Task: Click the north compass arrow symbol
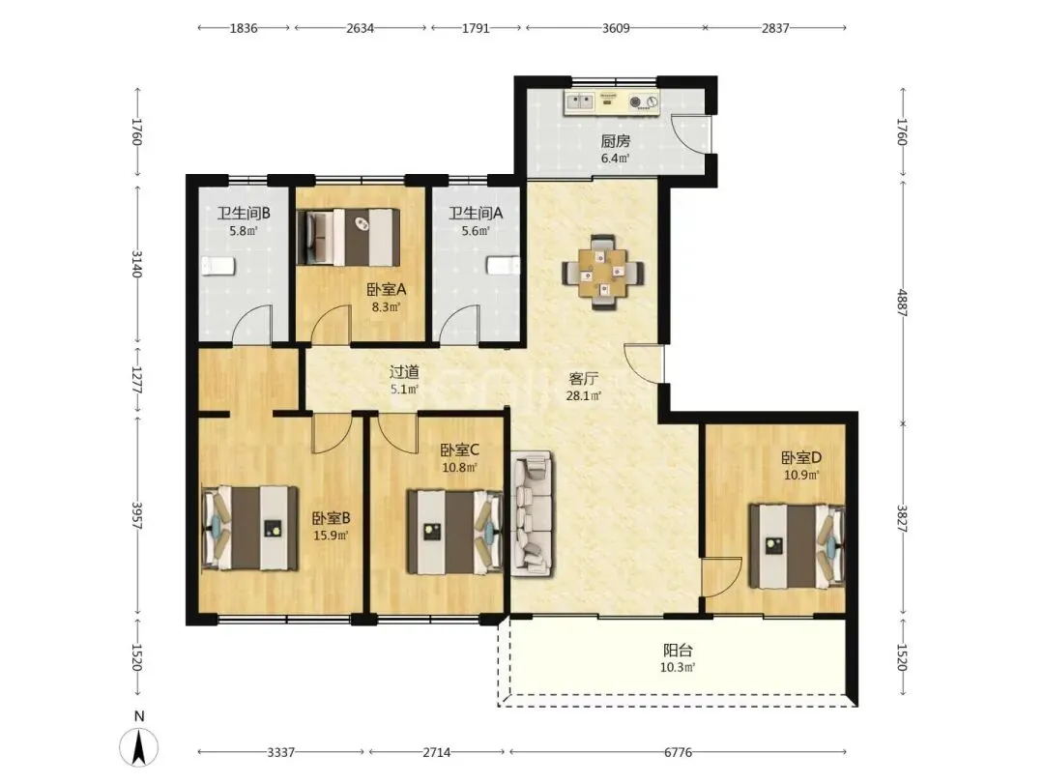coord(139,747)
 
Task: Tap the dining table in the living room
coord(603,273)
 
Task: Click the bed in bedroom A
coord(349,237)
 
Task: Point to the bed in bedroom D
coord(797,546)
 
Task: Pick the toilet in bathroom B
coord(219,266)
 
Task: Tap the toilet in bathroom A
coord(503,266)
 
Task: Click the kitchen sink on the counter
coord(580,101)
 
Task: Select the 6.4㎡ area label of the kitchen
coord(615,159)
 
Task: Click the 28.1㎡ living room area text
coord(584,395)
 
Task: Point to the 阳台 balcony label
coord(678,650)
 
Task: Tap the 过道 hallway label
coord(404,372)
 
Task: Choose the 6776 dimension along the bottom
coord(678,752)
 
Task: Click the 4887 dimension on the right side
coord(902,303)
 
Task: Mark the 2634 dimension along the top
coord(361,28)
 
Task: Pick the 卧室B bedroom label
coord(331,518)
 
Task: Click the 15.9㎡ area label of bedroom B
coord(331,536)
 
